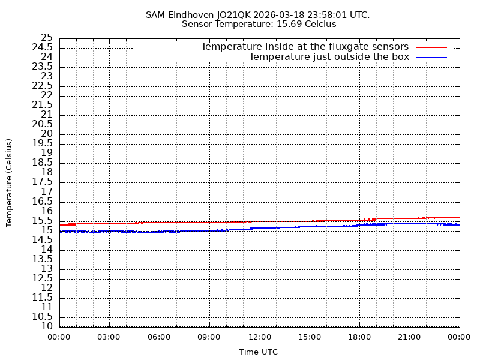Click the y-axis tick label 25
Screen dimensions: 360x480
tap(46, 38)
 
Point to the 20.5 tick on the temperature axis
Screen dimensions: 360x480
tap(43, 124)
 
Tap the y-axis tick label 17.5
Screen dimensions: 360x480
tap(43, 182)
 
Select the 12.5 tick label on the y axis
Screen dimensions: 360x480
tap(43, 278)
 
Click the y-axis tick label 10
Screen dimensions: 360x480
tap(46, 326)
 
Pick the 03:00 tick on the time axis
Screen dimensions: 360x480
tap(109, 337)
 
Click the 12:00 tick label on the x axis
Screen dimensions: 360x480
tap(259, 337)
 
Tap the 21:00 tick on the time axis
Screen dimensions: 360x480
tap(409, 337)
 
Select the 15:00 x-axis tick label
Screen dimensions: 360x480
tap(309, 337)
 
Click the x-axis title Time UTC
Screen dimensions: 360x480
tap(259, 352)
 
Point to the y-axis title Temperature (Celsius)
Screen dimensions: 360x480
tap(9, 182)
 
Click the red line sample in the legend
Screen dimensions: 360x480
tap(432, 47)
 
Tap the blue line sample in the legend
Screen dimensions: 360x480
tap(432, 57)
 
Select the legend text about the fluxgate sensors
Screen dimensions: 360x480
tap(304, 47)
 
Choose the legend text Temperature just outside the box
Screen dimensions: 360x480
tap(329, 57)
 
